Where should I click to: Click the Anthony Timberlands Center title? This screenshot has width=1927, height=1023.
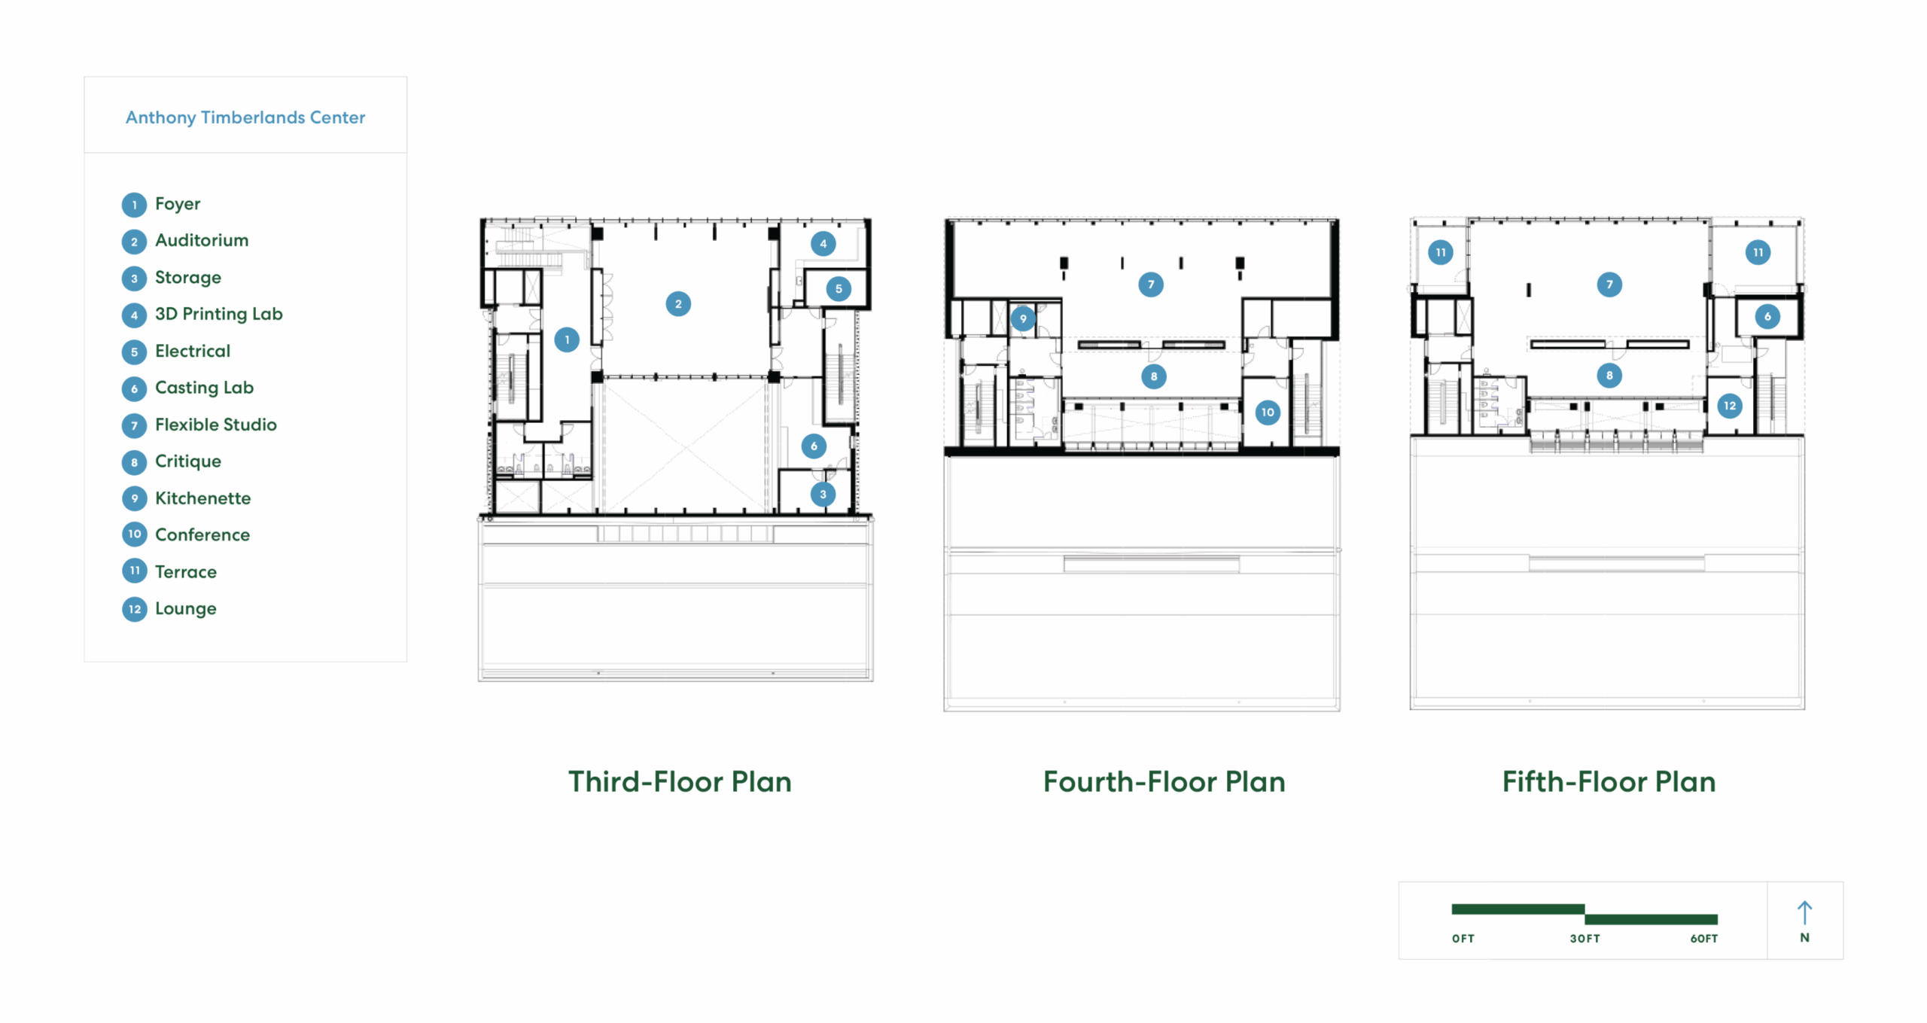click(245, 117)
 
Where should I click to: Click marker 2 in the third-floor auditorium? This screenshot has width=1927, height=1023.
click(678, 304)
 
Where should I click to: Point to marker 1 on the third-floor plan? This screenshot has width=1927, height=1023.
click(567, 340)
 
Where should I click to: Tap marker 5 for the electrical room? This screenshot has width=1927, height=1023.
click(839, 289)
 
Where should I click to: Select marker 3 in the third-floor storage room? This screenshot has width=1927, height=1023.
click(823, 495)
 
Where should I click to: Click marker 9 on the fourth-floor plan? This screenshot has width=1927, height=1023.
click(1023, 318)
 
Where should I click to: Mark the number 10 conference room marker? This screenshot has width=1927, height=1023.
click(1268, 412)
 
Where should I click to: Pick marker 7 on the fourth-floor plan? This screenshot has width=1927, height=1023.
click(1151, 285)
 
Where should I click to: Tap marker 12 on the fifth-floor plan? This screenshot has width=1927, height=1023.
click(1730, 406)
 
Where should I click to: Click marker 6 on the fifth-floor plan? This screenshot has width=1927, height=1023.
click(1767, 316)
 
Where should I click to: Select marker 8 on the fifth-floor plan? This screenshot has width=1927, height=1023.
click(1609, 376)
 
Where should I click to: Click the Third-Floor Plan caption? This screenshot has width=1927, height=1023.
click(680, 781)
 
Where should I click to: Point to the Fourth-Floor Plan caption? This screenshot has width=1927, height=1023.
click(1164, 781)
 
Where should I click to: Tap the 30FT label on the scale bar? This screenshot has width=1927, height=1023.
click(1585, 939)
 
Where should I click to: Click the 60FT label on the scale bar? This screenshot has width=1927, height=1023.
click(1704, 939)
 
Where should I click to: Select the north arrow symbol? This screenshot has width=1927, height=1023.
click(1804, 913)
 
